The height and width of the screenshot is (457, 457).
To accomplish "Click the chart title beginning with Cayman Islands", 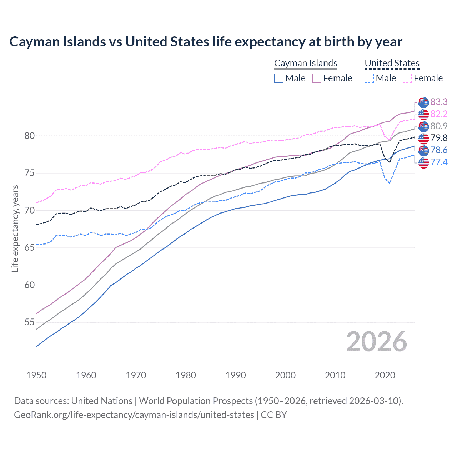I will click(x=206, y=42).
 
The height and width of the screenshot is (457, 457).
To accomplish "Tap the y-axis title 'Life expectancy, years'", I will click(x=15, y=228).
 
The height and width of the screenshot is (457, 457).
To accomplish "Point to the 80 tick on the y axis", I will click(x=30, y=136).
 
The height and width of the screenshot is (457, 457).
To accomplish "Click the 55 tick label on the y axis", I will click(x=30, y=322).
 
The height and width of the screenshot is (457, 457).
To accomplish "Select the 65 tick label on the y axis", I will click(x=30, y=248).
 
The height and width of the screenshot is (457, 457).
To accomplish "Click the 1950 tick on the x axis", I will click(x=36, y=375).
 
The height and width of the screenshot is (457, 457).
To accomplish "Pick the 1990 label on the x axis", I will click(x=236, y=375).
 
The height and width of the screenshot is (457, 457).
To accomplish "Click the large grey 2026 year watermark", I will click(x=376, y=342).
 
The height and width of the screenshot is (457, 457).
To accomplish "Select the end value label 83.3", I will click(x=439, y=102).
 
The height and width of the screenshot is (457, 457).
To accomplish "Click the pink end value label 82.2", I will click(x=439, y=114).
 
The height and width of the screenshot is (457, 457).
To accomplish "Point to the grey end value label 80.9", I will click(x=439, y=126).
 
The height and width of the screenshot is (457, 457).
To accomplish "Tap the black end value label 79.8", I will click(x=439, y=138).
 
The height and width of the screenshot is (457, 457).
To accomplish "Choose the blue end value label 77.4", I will click(x=439, y=162).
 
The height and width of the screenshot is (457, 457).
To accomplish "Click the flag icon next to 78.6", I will click(x=423, y=150).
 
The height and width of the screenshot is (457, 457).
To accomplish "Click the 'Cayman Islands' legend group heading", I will click(x=306, y=63).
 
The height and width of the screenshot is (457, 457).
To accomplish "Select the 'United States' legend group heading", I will click(x=392, y=63).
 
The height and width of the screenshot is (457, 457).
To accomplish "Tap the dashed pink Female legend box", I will click(x=407, y=78).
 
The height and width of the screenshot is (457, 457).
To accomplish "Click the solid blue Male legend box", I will click(x=279, y=78).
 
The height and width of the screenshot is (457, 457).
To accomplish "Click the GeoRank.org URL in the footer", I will click(x=134, y=415).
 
